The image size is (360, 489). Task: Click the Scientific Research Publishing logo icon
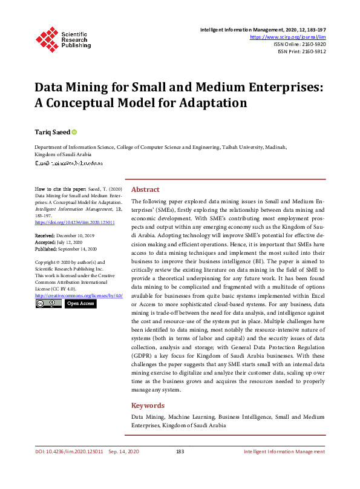pyautogui.click(x=46, y=38)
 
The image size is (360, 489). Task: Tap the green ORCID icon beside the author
pyautogui.click(x=74, y=131)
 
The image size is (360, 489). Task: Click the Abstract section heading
pyautogui.click(x=145, y=189)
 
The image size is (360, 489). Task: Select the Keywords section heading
pyautogui.click(x=148, y=405)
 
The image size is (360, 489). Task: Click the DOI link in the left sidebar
pyautogui.click(x=67, y=222)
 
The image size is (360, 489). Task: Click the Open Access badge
pyautogui.click(x=80, y=303)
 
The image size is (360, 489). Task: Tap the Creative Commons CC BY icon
pyautogui.click(x=48, y=303)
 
